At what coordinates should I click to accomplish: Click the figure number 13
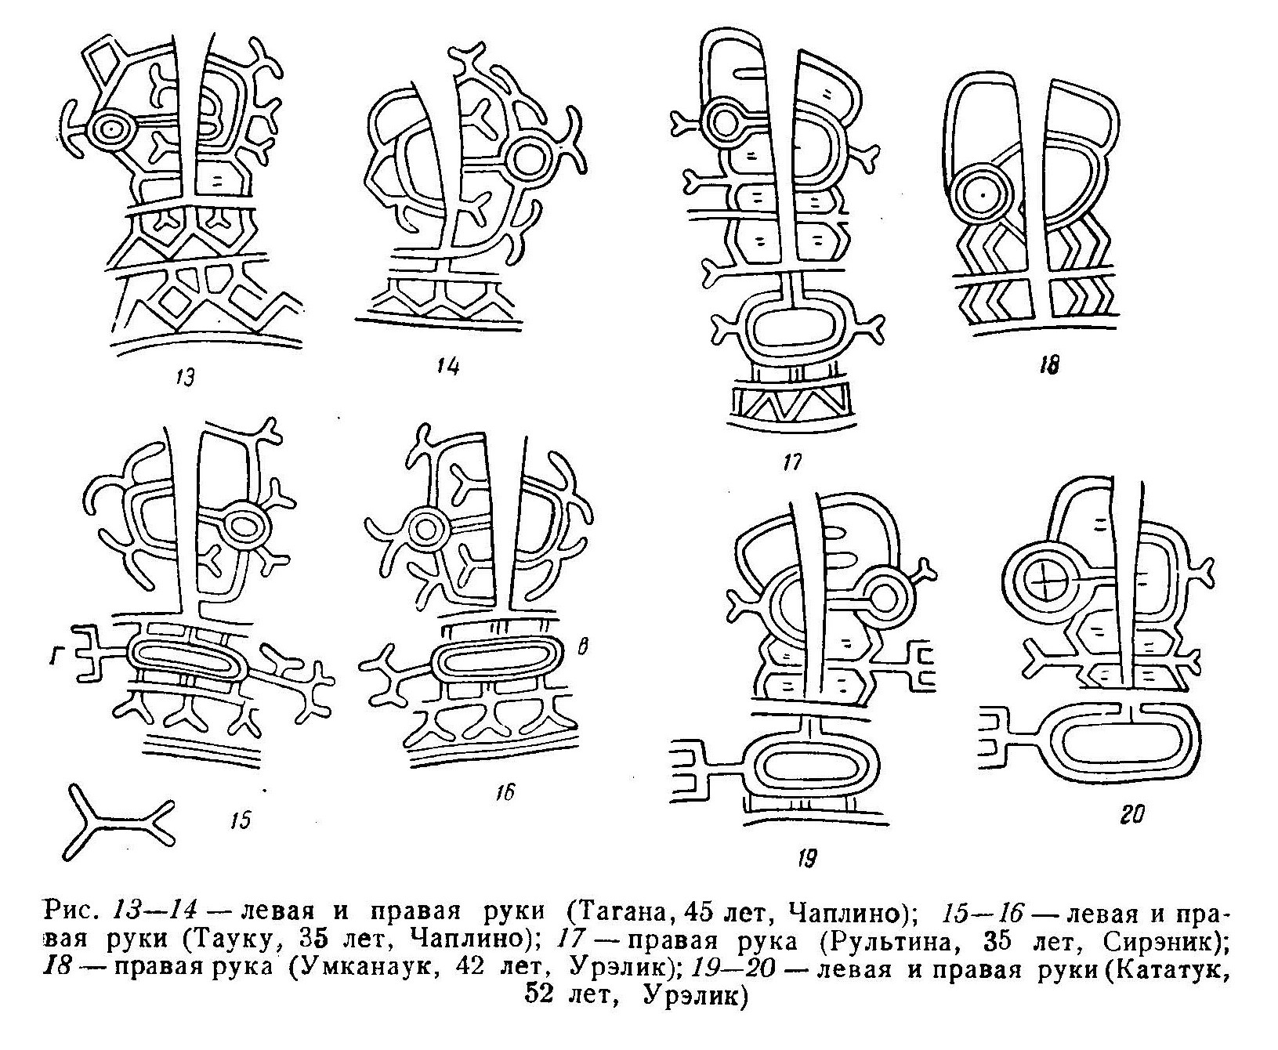pos(185,378)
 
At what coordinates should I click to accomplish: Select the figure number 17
pos(792,462)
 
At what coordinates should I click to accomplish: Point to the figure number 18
pos(1048,364)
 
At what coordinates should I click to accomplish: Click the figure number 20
pos(1132,816)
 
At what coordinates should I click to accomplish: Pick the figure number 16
pos(504,793)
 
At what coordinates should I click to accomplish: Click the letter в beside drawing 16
pos(582,647)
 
